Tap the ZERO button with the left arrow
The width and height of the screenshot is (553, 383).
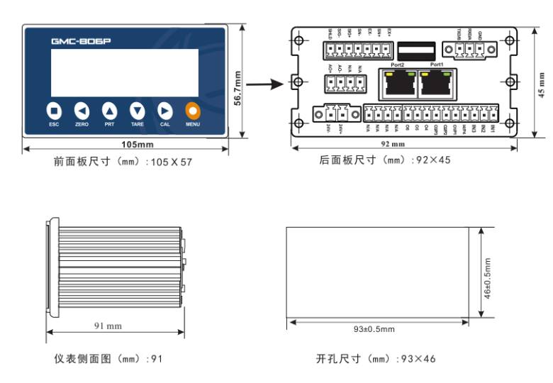[x=82, y=111]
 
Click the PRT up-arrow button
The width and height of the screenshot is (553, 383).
[x=109, y=111]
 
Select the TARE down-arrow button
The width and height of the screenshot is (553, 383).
[x=137, y=111]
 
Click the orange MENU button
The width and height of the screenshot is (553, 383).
[x=192, y=111]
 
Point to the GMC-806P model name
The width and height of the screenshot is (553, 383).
[x=81, y=41]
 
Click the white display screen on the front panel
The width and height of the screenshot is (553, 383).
[x=125, y=73]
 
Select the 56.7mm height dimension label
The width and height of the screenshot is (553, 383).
[x=238, y=89]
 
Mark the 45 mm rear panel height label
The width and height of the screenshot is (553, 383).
[x=542, y=82]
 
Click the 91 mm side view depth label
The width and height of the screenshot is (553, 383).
[x=108, y=326]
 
